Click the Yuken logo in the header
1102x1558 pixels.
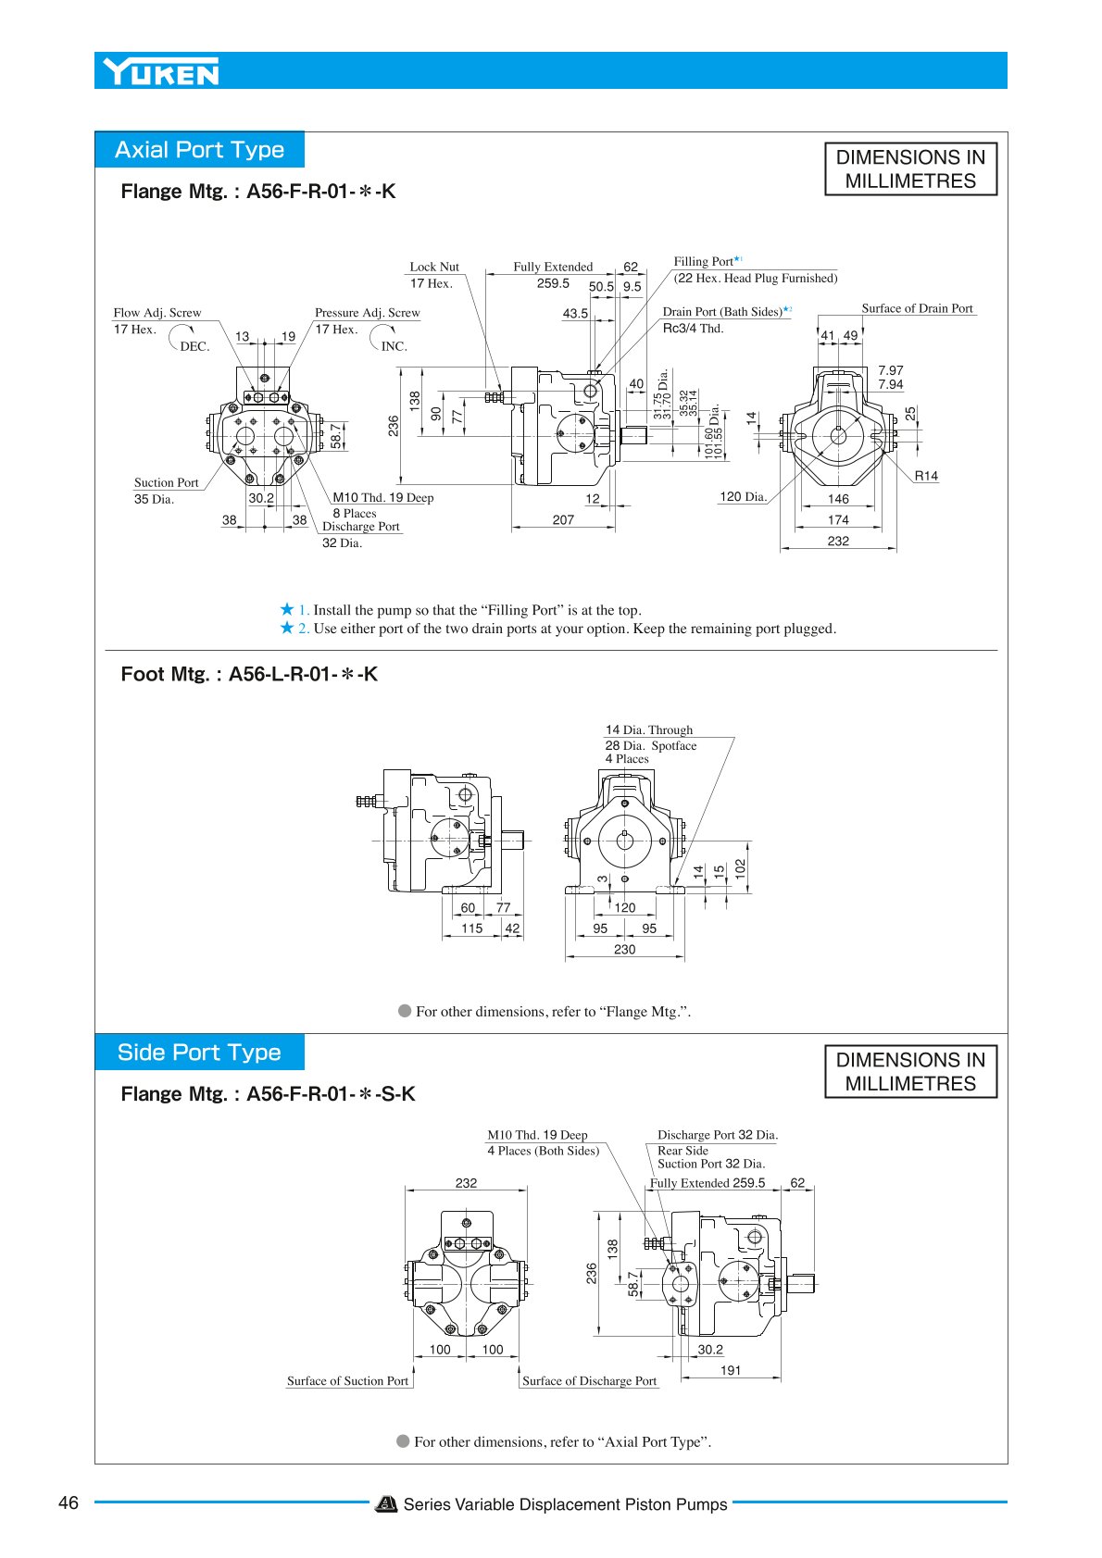161,71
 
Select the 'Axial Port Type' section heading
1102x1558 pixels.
200,150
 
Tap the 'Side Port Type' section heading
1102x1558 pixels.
199,1053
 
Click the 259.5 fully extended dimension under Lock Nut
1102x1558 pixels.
553,283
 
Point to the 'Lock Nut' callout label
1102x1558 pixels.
434,267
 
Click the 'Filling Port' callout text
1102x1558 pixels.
704,262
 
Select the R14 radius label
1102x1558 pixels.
926,476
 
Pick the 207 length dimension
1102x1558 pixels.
563,519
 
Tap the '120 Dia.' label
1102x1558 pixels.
743,496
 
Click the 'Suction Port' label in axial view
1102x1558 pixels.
167,482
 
